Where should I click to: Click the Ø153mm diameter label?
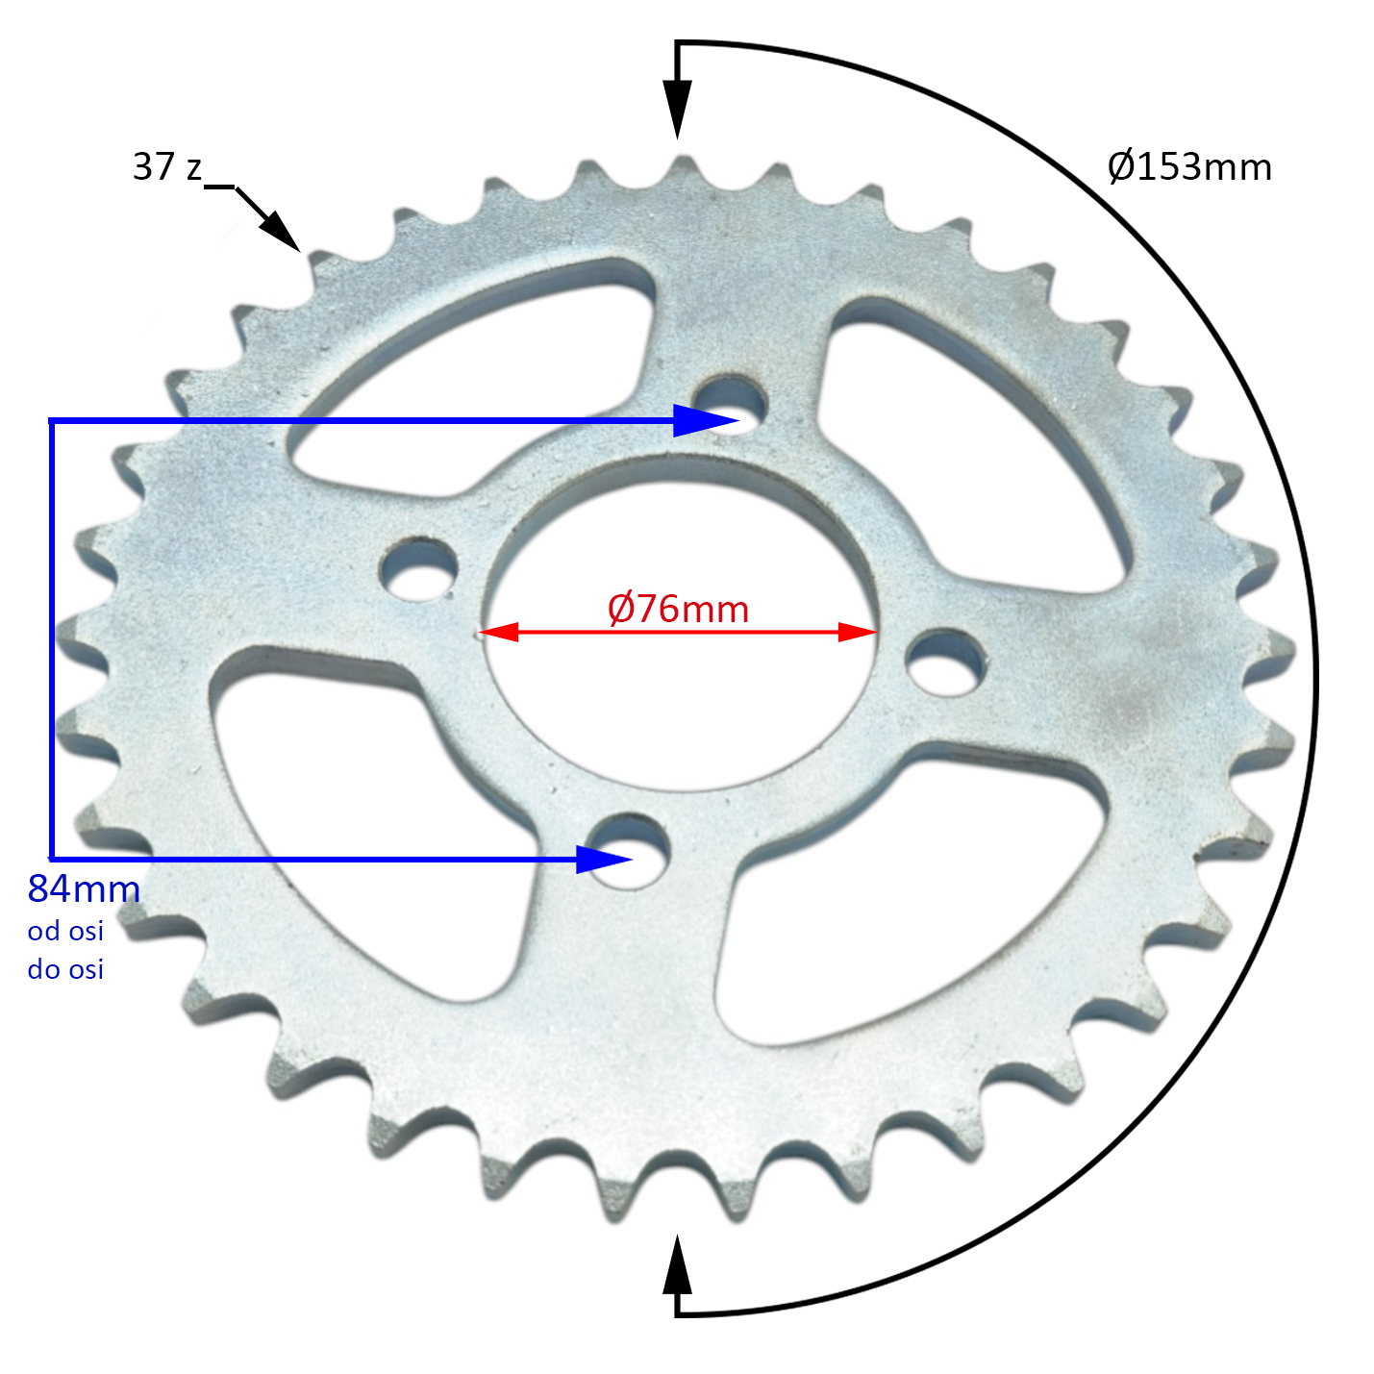(1188, 167)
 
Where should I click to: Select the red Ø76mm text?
(678, 609)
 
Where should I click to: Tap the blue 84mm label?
(84, 889)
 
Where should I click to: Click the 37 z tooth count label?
(167, 167)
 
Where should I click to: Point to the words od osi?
(65, 931)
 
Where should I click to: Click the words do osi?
(65, 969)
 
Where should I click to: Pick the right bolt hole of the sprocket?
(946, 662)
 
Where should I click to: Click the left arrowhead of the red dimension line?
(498, 632)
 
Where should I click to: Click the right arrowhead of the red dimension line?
(858, 632)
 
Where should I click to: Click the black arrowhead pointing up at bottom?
(678, 1264)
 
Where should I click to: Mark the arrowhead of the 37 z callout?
(282, 231)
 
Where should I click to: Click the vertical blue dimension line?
(51, 639)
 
